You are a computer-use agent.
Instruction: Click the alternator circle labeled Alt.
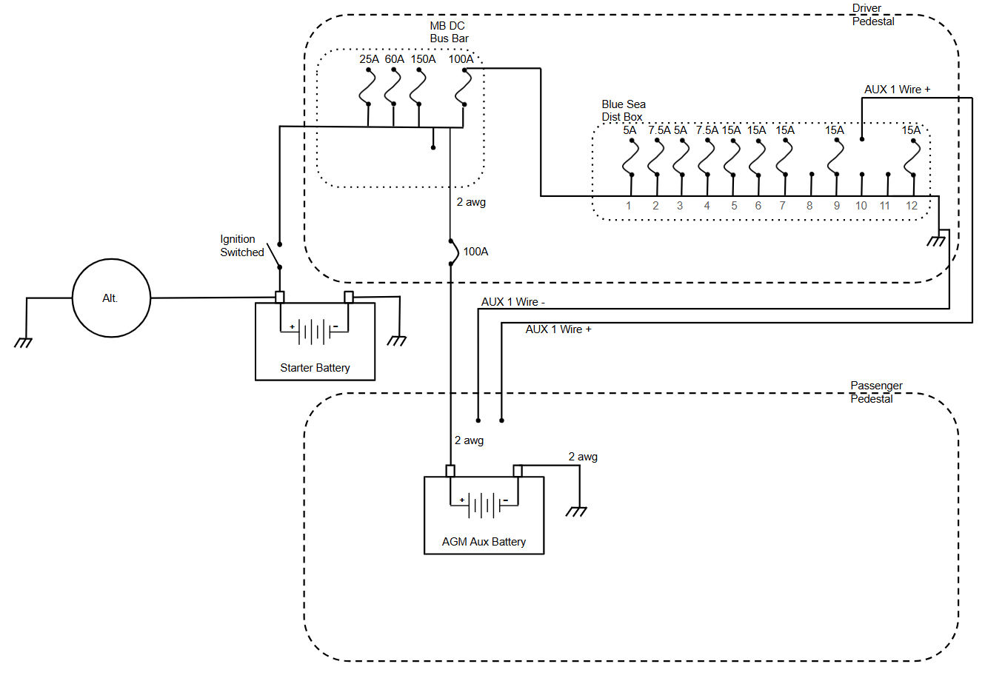tap(111, 298)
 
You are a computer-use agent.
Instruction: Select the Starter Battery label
tap(315, 368)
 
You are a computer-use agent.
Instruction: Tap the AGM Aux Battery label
tap(484, 542)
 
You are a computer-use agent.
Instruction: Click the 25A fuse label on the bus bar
tap(369, 59)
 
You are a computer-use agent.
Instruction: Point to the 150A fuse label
tap(423, 59)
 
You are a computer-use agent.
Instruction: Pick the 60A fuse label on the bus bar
tap(394, 59)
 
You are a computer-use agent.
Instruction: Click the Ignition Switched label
tap(241, 246)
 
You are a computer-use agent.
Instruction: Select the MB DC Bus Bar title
tap(449, 32)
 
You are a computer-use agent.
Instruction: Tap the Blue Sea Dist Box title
tap(623, 110)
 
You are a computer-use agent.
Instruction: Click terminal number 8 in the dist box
tap(809, 206)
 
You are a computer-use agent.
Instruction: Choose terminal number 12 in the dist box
tap(912, 206)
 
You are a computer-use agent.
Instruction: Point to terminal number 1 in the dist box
tap(629, 206)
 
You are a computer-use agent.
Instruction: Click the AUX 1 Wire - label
tap(512, 302)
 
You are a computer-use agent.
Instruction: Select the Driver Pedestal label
tap(872, 15)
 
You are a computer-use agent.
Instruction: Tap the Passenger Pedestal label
tap(876, 392)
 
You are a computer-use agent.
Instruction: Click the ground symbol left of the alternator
tap(23, 342)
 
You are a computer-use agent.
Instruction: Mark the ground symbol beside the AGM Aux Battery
tap(576, 511)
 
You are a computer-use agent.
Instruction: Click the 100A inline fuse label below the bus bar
tap(475, 252)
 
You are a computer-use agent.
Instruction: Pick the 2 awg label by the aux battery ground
tap(583, 457)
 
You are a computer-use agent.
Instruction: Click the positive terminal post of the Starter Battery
tap(280, 297)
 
